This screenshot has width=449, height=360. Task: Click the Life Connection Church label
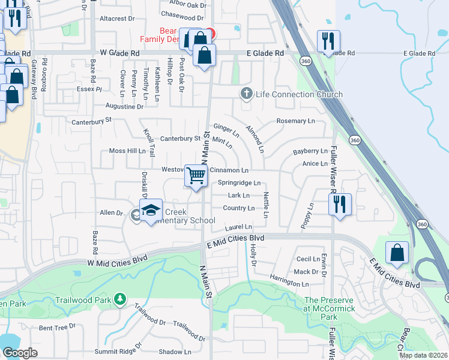[299, 94]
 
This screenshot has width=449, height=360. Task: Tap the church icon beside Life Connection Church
[246, 94]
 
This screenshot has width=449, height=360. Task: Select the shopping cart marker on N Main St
[196, 176]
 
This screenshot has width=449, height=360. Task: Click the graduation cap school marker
[151, 211]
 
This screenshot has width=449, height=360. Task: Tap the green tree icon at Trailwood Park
[120, 298]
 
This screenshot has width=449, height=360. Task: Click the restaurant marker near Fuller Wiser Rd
[340, 204]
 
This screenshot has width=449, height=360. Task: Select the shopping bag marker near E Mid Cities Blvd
[397, 253]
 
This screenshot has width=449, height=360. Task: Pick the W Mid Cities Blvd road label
[117, 262]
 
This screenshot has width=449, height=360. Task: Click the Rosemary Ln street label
[295, 121]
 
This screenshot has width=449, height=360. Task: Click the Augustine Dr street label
[124, 106]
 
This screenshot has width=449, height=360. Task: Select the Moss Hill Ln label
[127, 151]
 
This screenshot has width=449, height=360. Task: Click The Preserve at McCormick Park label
[330, 304]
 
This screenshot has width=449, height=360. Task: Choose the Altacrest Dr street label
[117, 19]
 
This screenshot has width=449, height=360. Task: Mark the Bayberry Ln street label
[310, 151]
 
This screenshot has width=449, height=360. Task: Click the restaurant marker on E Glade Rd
[328, 41]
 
